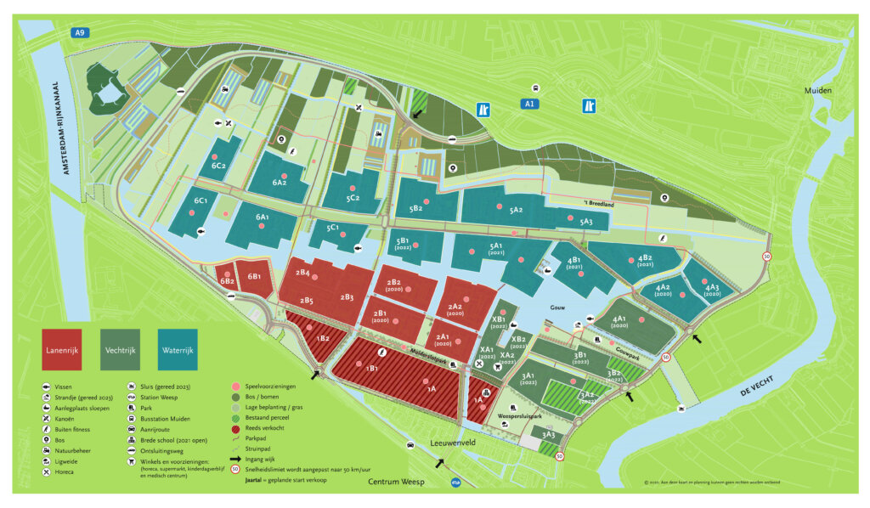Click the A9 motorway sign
[81, 32]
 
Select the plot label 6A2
[280, 182]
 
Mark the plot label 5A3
[586, 222]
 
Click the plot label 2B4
[303, 273]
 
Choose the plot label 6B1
[254, 276]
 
